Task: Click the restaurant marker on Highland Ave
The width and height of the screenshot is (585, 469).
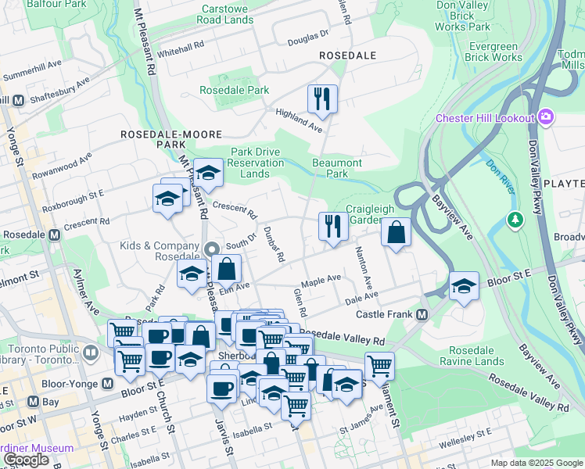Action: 322,98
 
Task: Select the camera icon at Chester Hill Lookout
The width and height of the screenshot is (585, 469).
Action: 546,118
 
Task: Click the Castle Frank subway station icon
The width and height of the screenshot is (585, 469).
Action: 422,314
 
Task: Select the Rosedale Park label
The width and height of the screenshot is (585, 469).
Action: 234,91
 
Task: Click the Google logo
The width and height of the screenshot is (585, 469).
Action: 26,460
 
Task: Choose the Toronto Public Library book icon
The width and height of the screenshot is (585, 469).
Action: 91,353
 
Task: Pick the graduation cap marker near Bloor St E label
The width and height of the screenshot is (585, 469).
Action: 464,285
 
